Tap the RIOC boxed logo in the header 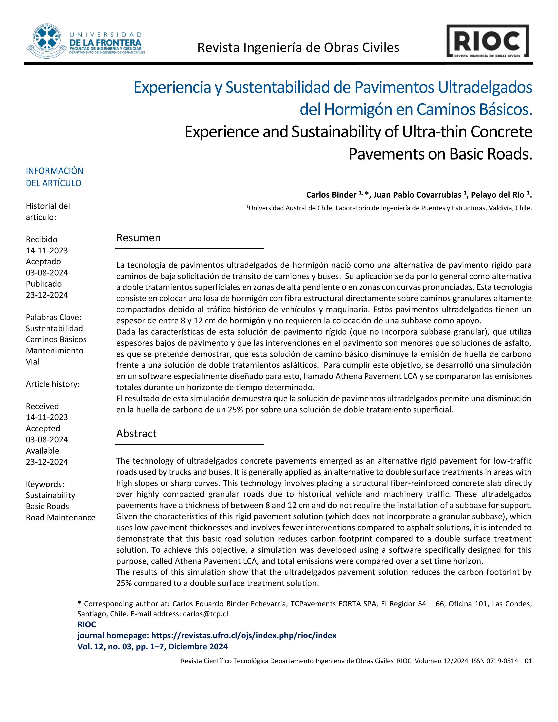pos(487,41)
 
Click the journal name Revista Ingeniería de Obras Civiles pos(298,48)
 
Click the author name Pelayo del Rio pos(497,195)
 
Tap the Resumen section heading pos(138,238)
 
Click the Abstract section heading pos(136,433)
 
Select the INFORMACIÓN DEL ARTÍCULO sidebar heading pos(54,177)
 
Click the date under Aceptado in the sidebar pos(47,273)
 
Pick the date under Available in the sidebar pos(47,462)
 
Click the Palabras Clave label pos(54,317)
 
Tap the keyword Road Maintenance pos(60,517)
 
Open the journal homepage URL pos(244,635)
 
